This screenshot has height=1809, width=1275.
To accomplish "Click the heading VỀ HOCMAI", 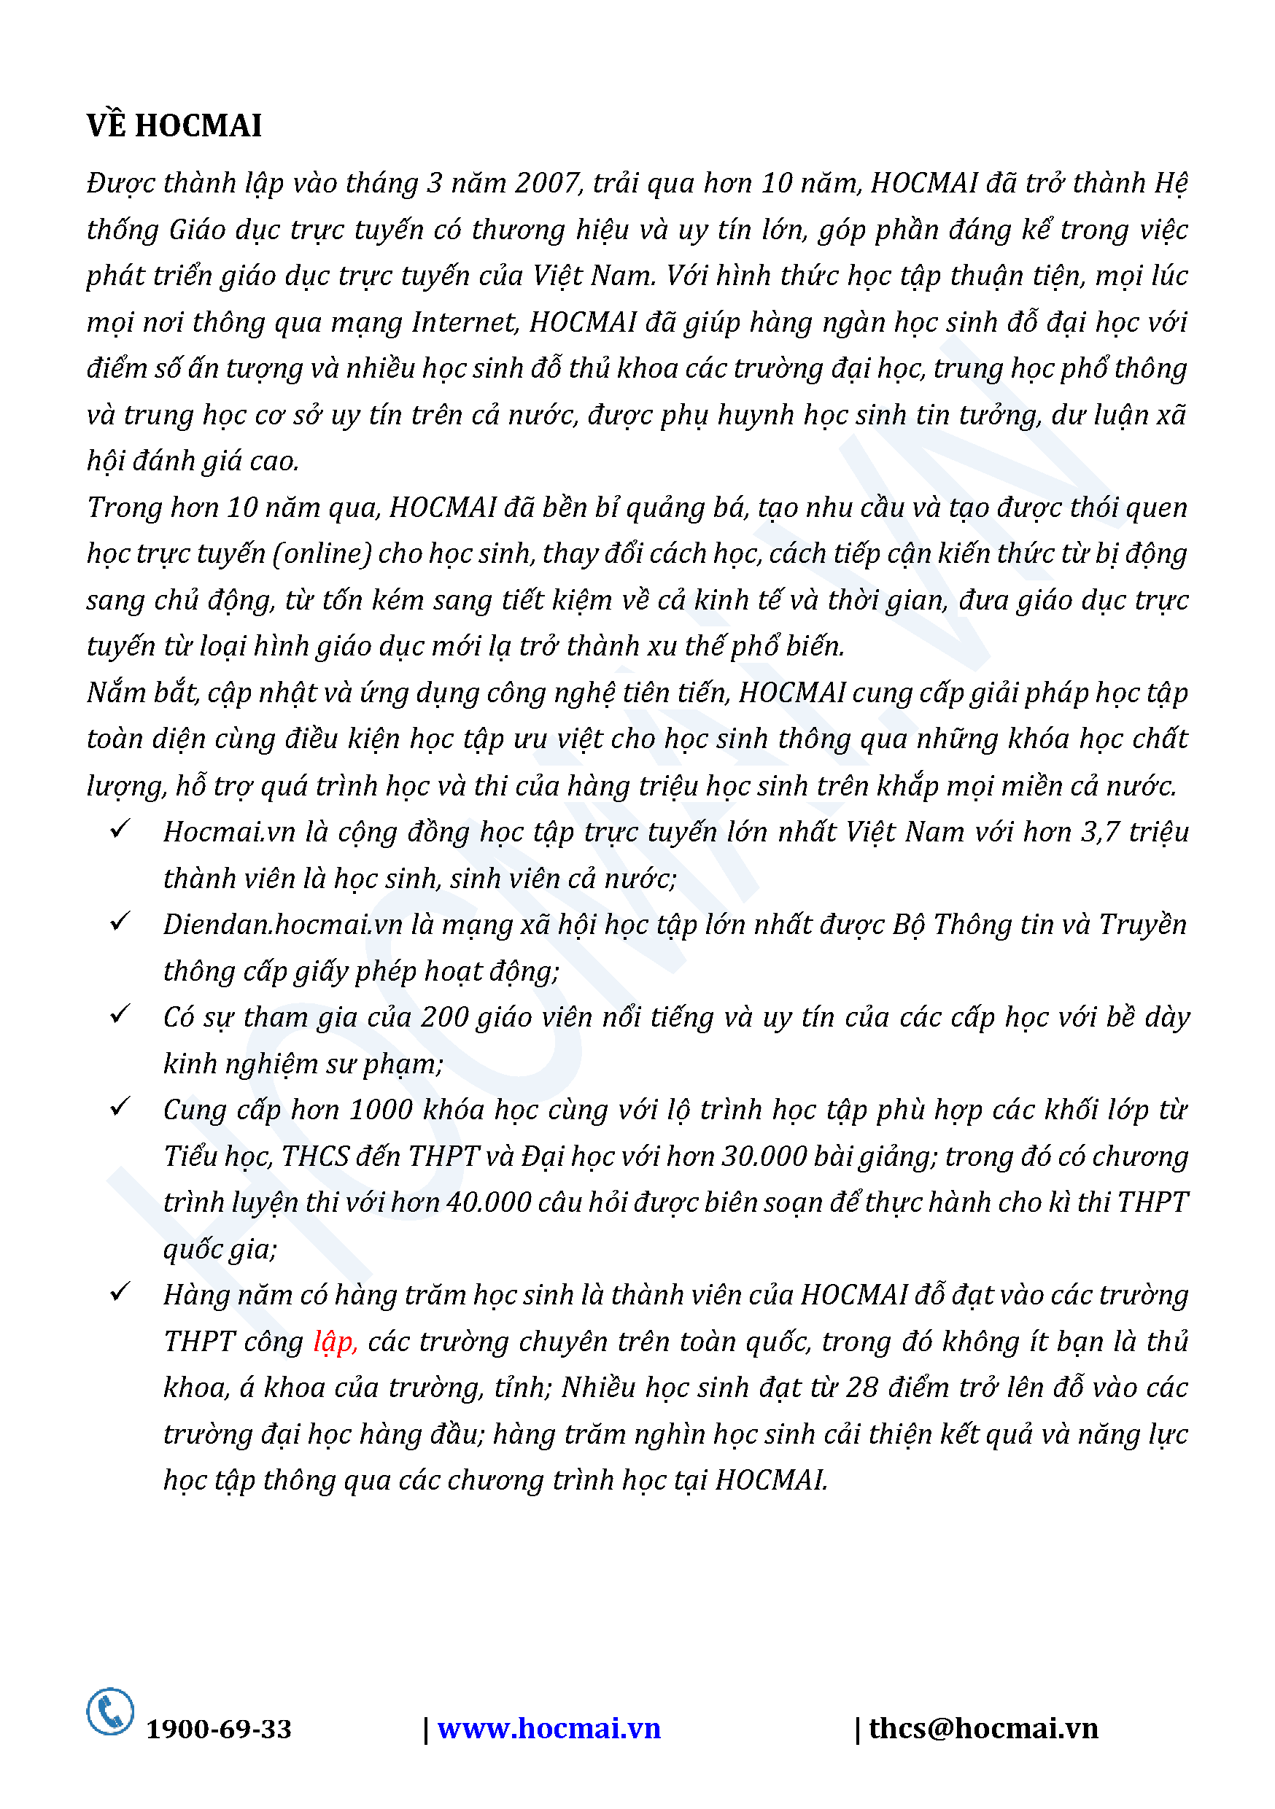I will [x=174, y=126].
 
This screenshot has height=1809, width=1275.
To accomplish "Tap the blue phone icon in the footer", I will [x=110, y=1711].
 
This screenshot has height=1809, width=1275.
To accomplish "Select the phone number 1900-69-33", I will [x=219, y=1730].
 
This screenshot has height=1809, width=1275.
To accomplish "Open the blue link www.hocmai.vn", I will [x=549, y=1729].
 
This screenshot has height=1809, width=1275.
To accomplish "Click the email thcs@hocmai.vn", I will [x=983, y=1729].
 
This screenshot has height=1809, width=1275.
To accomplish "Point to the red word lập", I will [x=334, y=1342].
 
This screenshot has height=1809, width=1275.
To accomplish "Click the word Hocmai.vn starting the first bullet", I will [x=229, y=833].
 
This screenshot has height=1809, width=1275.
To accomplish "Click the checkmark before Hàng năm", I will [x=120, y=1292].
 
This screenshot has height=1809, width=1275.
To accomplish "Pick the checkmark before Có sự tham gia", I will [x=120, y=1014].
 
